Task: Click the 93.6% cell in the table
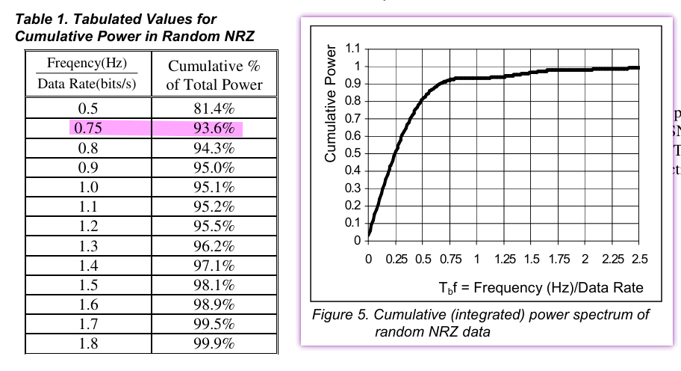214,129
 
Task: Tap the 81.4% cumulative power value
214,109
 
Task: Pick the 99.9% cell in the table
214,343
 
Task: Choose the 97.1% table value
214,266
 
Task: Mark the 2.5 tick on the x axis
640,260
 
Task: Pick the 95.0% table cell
214,168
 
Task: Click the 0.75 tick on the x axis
450,260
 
